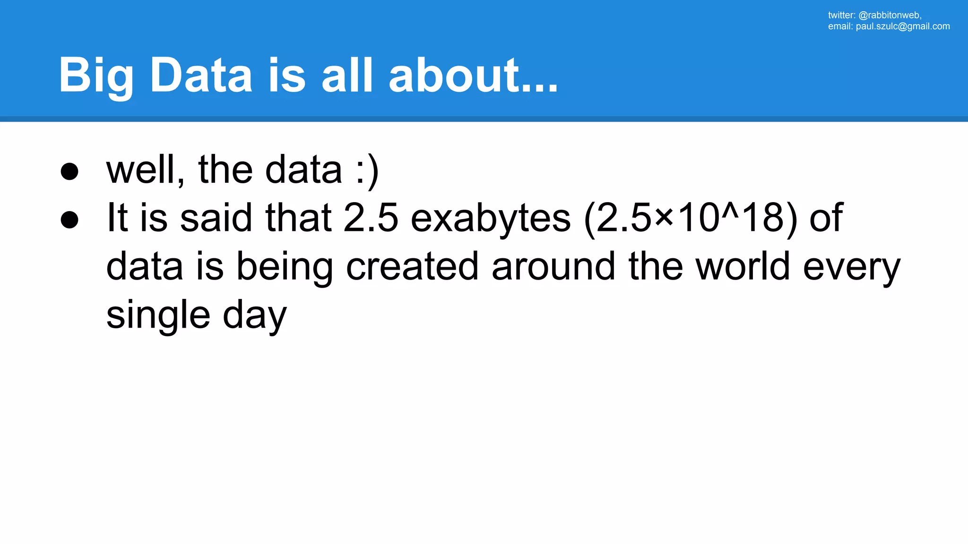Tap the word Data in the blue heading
201,76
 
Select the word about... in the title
473,76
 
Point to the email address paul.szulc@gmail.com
903,26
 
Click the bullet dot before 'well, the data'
69,171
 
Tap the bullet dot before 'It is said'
69,220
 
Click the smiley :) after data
367,170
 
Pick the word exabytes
491,218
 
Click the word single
158,315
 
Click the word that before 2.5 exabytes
298,218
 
